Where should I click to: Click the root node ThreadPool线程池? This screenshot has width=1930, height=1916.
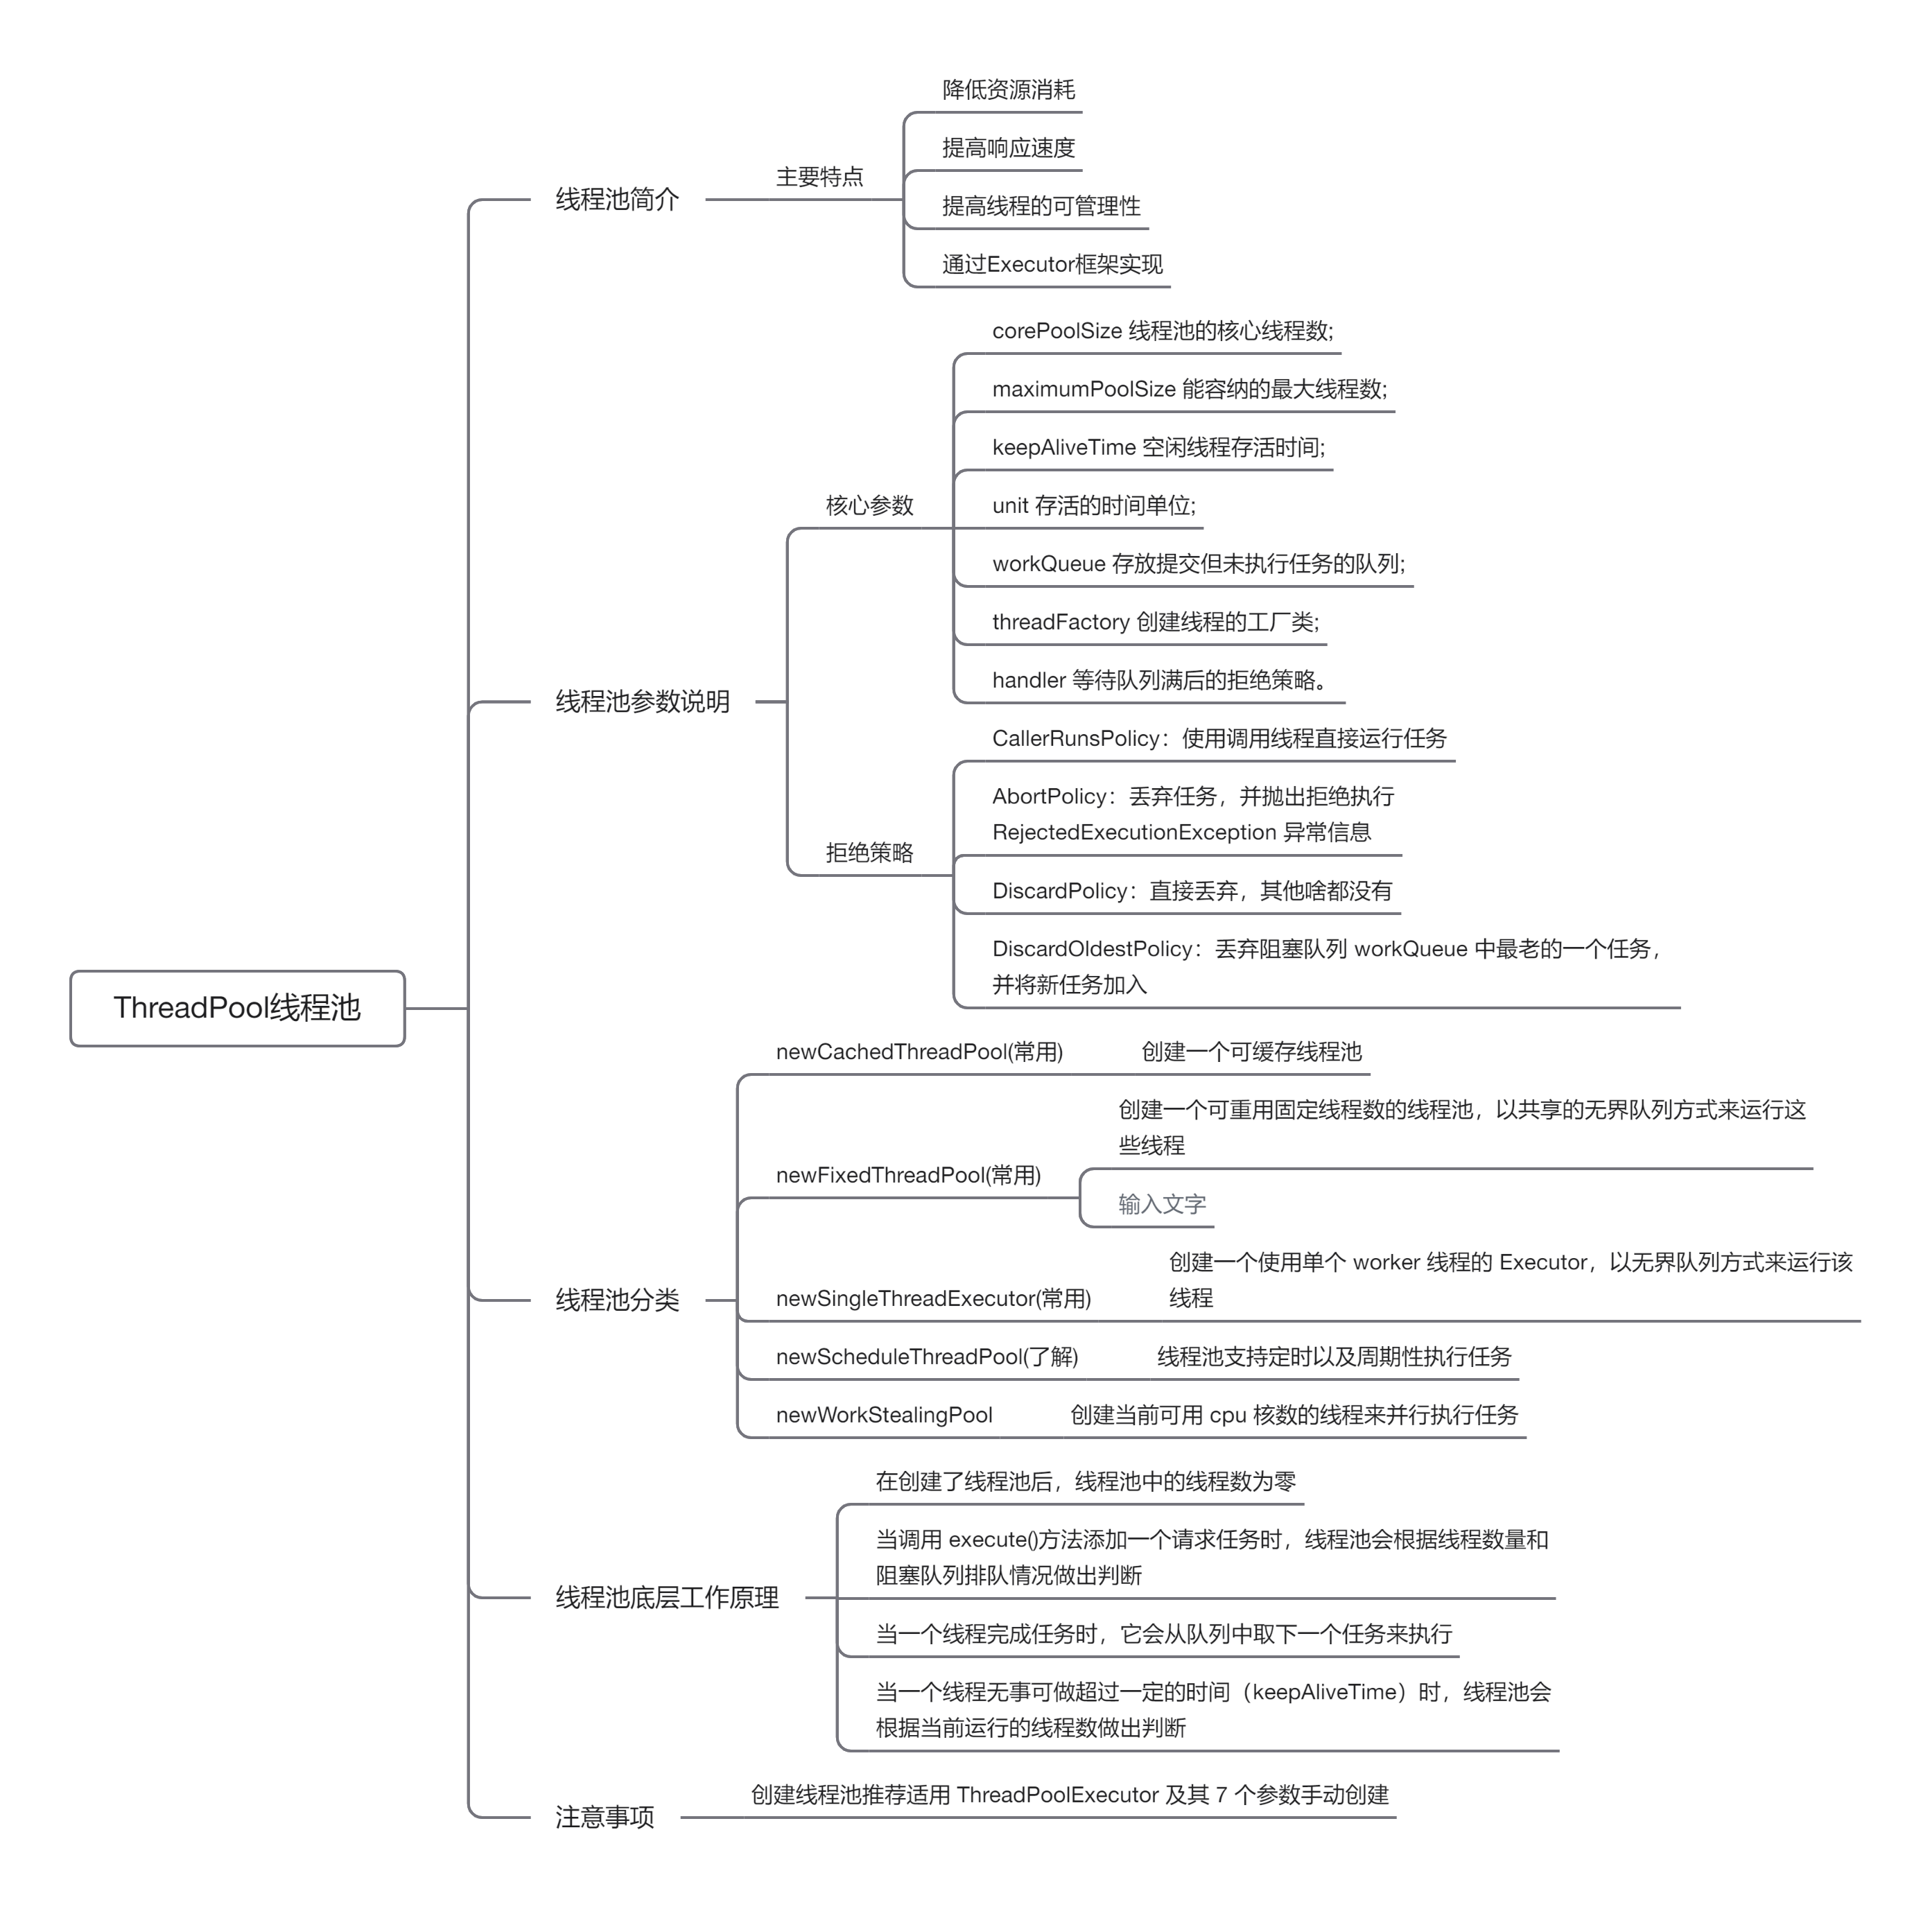[x=237, y=1007]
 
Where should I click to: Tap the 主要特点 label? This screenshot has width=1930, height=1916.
[x=819, y=177]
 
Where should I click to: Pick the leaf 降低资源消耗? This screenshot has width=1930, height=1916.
[x=1008, y=90]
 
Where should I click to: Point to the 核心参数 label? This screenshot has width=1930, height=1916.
[x=869, y=505]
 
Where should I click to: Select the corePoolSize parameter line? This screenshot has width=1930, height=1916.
[x=1162, y=331]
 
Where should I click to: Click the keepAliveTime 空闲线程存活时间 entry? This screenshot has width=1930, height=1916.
[x=1158, y=448]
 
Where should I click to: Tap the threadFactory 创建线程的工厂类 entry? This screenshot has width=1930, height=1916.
[x=1155, y=622]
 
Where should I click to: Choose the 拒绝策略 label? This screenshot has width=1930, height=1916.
[x=869, y=852]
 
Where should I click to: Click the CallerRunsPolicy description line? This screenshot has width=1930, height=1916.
[x=1219, y=738]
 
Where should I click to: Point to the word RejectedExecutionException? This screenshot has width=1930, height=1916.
[x=1134, y=832]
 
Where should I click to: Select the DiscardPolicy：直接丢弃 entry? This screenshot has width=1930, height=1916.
[x=1191, y=891]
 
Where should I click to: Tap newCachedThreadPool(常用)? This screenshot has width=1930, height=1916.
[x=919, y=1052]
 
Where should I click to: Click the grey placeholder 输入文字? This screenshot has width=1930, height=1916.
[x=1162, y=1205]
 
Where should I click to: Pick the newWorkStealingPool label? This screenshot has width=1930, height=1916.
[x=884, y=1416]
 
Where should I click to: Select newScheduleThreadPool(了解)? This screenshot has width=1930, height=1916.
[x=927, y=1357]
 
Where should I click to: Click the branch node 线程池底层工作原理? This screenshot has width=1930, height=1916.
[x=666, y=1597]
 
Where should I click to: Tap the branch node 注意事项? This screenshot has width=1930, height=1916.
[x=605, y=1817]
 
